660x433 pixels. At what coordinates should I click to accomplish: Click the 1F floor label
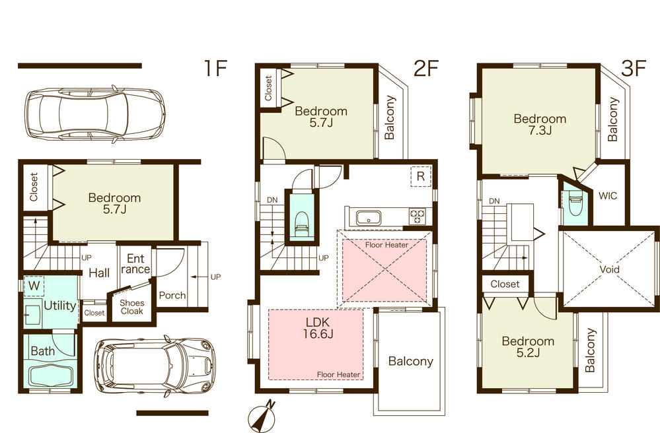[x=215, y=69]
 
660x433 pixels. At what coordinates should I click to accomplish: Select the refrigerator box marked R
[x=418, y=177]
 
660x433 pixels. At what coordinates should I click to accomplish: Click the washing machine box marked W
[x=32, y=286]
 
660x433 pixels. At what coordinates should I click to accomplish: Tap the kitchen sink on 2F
[x=366, y=216]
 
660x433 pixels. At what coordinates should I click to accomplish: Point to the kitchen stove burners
[x=418, y=214]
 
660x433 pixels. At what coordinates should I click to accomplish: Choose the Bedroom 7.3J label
[x=540, y=124]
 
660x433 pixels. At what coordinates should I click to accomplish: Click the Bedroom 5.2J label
[x=527, y=347]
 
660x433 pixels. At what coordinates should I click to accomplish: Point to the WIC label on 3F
[x=608, y=196]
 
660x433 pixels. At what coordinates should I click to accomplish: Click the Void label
[x=610, y=269]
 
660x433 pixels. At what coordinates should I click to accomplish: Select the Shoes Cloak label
[x=132, y=308]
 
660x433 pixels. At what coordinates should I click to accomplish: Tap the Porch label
[x=172, y=295]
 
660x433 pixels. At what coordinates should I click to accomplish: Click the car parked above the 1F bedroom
[x=94, y=115]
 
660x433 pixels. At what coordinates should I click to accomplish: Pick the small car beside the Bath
[x=155, y=366]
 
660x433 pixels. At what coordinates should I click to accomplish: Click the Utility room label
[x=59, y=305]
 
